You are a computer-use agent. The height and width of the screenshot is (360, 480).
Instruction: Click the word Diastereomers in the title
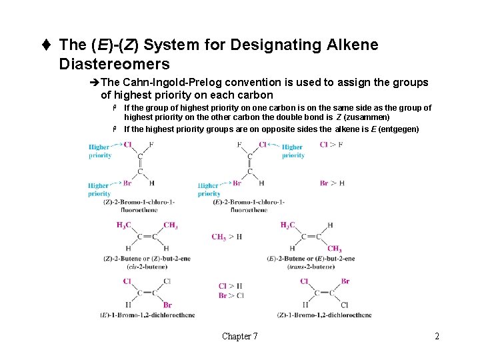click(x=115, y=64)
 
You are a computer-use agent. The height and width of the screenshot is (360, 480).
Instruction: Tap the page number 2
click(x=437, y=336)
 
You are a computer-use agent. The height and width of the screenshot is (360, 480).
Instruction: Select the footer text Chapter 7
click(x=240, y=336)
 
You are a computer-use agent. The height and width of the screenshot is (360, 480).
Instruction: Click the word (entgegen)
click(x=399, y=129)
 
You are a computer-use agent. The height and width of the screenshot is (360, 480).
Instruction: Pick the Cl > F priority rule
click(x=331, y=145)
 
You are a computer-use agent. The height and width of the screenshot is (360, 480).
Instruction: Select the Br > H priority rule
click(x=332, y=183)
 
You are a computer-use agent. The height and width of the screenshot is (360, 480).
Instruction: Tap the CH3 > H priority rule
click(x=227, y=237)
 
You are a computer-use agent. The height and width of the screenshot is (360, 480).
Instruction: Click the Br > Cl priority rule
click(x=231, y=295)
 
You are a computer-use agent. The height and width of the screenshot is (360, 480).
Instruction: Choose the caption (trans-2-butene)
click(x=311, y=267)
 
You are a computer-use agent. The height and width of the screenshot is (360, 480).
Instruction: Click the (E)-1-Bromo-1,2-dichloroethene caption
click(x=148, y=315)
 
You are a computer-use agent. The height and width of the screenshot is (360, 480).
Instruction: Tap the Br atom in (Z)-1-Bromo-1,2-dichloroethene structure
click(x=345, y=281)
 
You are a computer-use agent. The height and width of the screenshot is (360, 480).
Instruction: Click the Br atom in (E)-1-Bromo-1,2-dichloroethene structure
click(x=167, y=305)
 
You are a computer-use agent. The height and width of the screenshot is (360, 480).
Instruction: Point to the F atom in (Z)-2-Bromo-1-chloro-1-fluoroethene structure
click(x=151, y=144)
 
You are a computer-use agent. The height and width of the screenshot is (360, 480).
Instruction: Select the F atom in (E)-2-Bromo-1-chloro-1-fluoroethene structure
click(x=239, y=144)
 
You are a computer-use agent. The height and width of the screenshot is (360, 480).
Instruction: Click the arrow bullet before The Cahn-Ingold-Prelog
click(x=96, y=83)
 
